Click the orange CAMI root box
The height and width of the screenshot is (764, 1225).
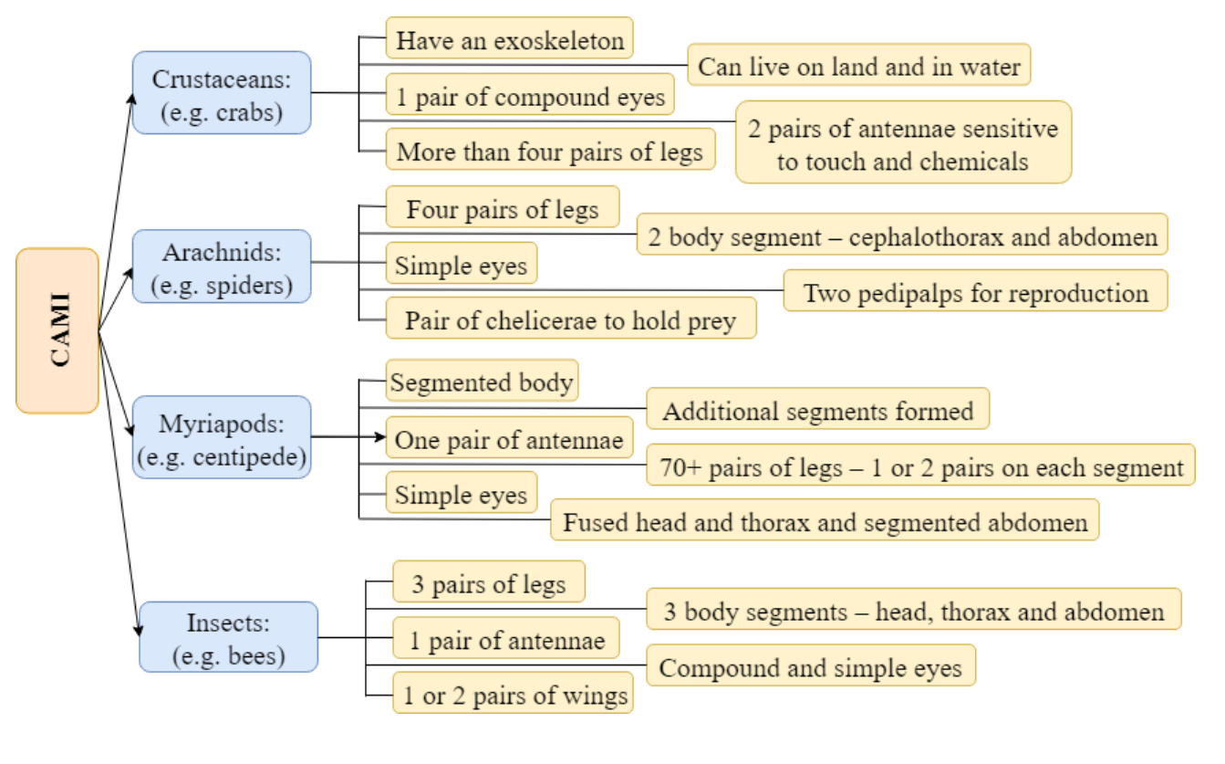57,330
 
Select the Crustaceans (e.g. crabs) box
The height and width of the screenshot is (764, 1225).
222,93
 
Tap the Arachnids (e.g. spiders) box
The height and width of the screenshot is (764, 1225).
222,267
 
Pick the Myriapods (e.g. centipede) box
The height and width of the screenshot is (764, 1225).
222,437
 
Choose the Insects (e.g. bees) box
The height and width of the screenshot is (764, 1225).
229,637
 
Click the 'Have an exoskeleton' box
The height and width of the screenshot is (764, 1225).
510,37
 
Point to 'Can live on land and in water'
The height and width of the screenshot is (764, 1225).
859,65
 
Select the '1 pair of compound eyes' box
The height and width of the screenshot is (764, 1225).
530,94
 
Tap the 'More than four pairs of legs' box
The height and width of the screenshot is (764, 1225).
551,149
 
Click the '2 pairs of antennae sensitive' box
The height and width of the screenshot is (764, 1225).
903,142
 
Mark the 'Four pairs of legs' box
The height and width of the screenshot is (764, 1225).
503,206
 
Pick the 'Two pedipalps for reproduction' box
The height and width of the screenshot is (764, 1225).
976,290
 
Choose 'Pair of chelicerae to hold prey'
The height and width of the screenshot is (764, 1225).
572,318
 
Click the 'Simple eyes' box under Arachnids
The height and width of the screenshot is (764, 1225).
462,263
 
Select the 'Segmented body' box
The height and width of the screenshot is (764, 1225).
483,381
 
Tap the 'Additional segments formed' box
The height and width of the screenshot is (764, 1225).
818,409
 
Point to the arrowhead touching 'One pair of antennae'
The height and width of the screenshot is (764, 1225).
380,436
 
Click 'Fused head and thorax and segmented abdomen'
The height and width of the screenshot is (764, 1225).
825,520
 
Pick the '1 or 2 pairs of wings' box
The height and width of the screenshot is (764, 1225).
513,693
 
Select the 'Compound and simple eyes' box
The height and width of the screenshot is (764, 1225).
811,665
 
